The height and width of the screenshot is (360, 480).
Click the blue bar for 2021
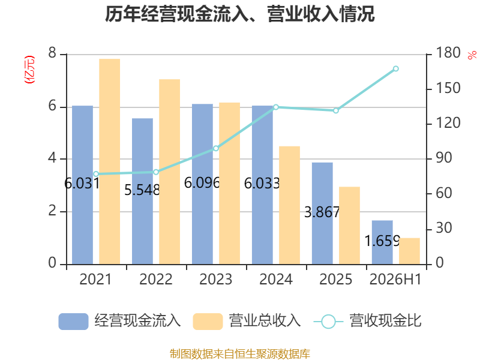pyautogui.click(x=82, y=185)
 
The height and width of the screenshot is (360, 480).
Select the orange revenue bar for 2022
pyautogui.click(x=170, y=172)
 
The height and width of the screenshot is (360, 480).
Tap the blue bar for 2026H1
pyautogui.click(x=382, y=242)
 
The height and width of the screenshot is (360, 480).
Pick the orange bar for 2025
pyautogui.click(x=349, y=226)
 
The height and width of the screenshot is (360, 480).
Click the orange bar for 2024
pyautogui.click(x=289, y=205)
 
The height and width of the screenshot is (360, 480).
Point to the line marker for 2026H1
pyautogui.click(x=396, y=68)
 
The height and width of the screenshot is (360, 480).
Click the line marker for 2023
pyautogui.click(x=216, y=148)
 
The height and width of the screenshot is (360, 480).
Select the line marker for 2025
pyautogui.click(x=336, y=110)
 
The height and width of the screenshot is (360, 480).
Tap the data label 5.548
pyautogui.click(x=142, y=190)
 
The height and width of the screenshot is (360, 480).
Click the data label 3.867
pyautogui.click(x=322, y=212)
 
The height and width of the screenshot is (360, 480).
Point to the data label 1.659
pyautogui.click(x=382, y=241)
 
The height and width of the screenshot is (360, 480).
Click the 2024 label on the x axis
pyautogui.click(x=276, y=279)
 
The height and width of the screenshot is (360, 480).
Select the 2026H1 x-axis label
pyautogui.click(x=395, y=279)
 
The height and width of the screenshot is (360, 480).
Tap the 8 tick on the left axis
pyautogui.click(x=52, y=53)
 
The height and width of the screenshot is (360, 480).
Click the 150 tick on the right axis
pyautogui.click(x=448, y=88)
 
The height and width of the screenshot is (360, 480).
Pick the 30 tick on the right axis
pyautogui.click(x=443, y=228)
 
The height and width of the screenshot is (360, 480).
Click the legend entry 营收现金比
pyautogui.click(x=367, y=321)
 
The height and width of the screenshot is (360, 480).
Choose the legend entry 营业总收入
pyautogui.click(x=247, y=321)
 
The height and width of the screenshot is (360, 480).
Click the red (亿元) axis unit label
pyautogui.click(x=29, y=70)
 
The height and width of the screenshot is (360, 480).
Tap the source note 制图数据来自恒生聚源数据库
pyautogui.click(x=240, y=353)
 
